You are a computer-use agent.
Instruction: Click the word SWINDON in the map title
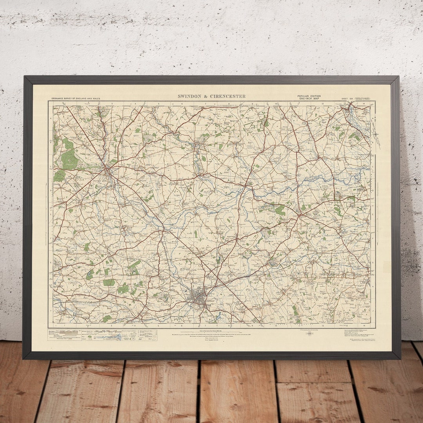(x=190, y=96)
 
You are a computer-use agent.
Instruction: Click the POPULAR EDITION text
(x=309, y=96)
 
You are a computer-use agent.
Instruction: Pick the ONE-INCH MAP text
(x=309, y=99)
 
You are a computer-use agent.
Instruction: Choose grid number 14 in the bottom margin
(x=364, y=325)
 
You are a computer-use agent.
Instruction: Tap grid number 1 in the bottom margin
(x=63, y=325)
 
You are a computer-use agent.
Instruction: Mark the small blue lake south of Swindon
(x=218, y=315)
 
